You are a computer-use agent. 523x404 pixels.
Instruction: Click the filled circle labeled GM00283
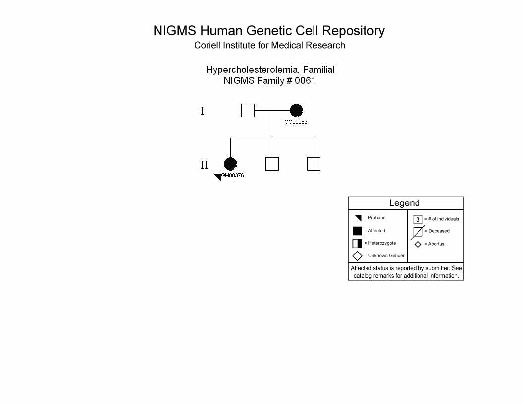296,111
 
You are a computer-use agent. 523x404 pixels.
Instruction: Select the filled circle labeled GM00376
230,164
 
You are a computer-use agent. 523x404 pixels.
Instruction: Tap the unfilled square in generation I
248,111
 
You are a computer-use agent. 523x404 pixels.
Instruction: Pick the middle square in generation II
272,164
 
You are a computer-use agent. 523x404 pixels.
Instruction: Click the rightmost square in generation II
314,164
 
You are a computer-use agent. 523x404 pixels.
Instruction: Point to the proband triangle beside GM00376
218,176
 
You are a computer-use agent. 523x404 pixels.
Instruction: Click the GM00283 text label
296,122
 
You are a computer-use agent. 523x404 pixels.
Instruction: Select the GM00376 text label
233,175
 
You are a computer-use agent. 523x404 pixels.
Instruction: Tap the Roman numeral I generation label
203,111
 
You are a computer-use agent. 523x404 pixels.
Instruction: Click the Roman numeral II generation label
205,165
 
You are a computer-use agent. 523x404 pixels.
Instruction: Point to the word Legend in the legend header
404,203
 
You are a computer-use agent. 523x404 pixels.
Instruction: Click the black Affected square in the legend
357,231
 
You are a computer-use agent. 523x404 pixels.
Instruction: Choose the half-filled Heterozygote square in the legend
357,243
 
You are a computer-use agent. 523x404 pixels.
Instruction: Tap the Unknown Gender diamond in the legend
357,256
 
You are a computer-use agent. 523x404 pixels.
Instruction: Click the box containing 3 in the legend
418,219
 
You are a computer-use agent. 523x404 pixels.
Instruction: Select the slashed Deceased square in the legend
418,232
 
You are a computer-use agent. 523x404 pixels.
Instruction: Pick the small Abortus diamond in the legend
418,245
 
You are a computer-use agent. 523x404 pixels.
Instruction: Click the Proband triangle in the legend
359,218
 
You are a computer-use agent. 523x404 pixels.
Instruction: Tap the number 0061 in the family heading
305,81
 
